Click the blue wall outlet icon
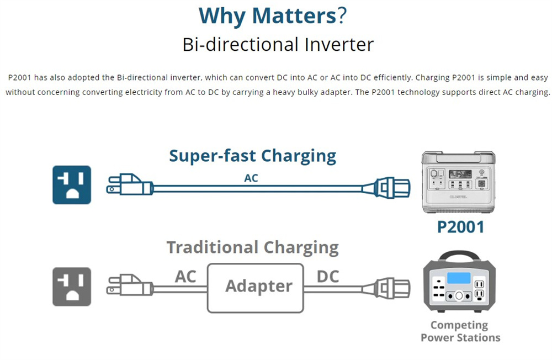tap(72, 185)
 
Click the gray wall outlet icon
tap(72, 287)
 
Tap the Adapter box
tap(256, 288)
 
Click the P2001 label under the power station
tap(460, 227)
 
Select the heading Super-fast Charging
tap(252, 156)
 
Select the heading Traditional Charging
tap(252, 247)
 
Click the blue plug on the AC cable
tap(130, 184)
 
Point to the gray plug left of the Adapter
tap(130, 285)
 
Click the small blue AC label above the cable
tap(251, 178)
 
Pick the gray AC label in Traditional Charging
tap(185, 277)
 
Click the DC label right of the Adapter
tap(328, 277)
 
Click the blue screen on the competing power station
tap(459, 278)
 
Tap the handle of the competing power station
tap(459, 256)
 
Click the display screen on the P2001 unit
tap(460, 174)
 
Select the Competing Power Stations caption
tap(460, 331)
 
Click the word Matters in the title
tap(294, 16)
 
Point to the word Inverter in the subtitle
tap(339, 45)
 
